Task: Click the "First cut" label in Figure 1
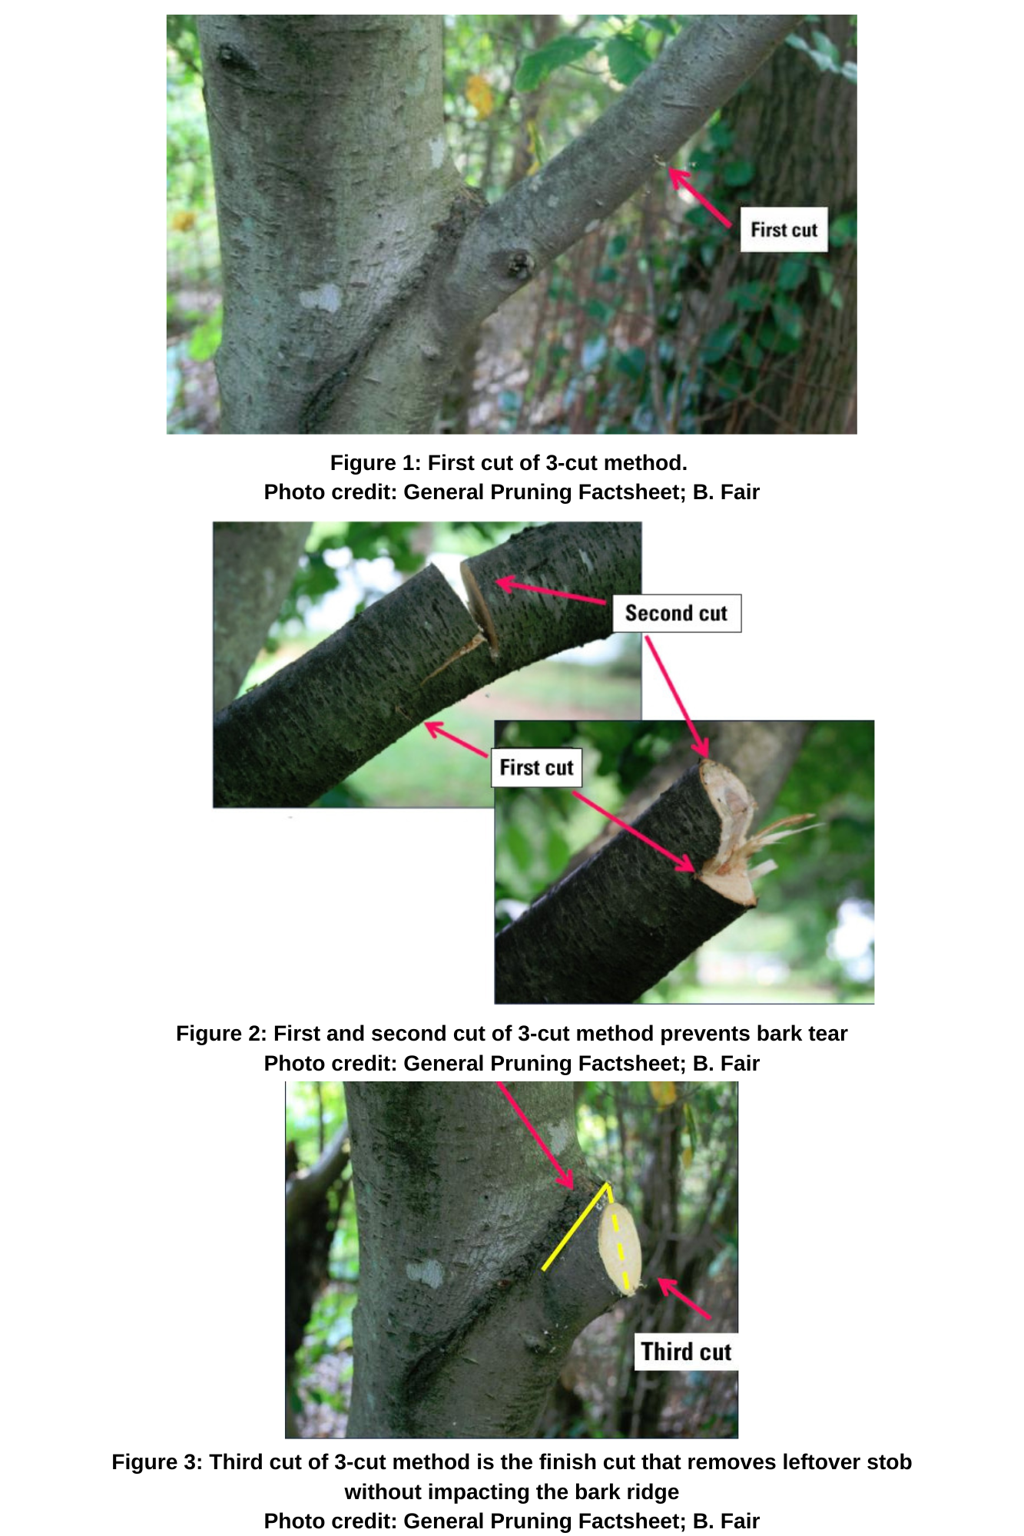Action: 784,230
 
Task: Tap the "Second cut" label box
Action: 677,613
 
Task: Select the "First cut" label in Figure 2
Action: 536,767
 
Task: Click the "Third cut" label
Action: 686,1352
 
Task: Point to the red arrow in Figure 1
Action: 699,197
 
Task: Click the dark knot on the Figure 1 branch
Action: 519,264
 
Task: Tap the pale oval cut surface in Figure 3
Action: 620,1250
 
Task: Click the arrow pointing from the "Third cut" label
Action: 684,1299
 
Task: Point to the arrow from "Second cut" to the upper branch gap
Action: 552,591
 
